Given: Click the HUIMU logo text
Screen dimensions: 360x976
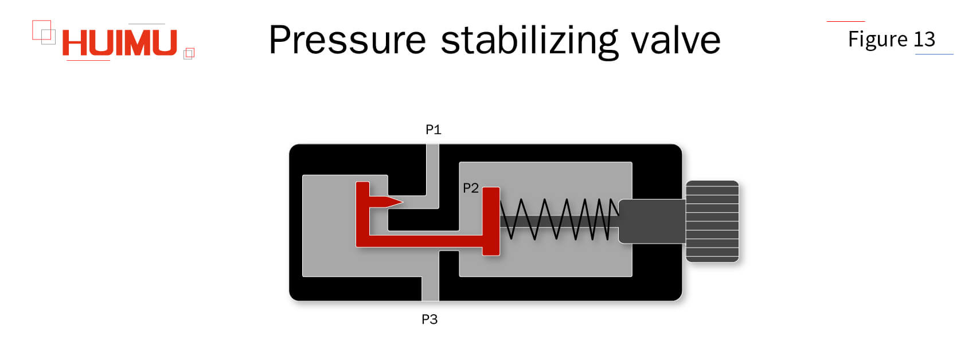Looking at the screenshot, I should tap(119, 42).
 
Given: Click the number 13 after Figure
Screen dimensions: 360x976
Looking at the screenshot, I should tap(924, 39).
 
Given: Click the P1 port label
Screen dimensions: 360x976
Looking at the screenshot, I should tap(433, 130).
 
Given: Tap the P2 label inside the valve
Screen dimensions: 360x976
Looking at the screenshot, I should tap(470, 188).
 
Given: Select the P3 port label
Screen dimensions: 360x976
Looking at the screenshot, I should tap(430, 319).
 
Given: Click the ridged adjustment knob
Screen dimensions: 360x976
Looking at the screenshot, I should tap(712, 221).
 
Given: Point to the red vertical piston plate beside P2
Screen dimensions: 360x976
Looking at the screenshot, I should tap(491, 221).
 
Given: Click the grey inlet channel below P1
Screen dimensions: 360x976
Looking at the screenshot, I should tap(432, 172).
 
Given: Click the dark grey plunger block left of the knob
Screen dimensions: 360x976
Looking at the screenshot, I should tap(651, 221).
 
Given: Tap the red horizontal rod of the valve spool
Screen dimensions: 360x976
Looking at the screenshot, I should tap(424, 241).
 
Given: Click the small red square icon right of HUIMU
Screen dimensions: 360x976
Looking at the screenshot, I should tap(189, 53).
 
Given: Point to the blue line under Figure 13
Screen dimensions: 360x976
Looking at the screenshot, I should tap(934, 54).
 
